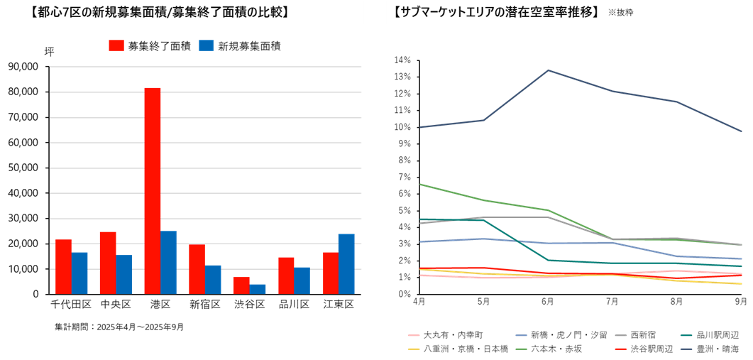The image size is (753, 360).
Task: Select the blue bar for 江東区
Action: coord(346,263)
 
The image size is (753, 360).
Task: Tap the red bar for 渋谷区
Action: coord(241,285)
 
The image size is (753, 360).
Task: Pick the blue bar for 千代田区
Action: coord(80,273)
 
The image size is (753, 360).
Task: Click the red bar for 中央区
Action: coord(108,262)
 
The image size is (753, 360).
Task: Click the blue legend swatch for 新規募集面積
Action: coord(206,45)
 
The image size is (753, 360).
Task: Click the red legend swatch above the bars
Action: coord(116,45)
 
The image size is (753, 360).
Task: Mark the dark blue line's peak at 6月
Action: coord(548,70)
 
